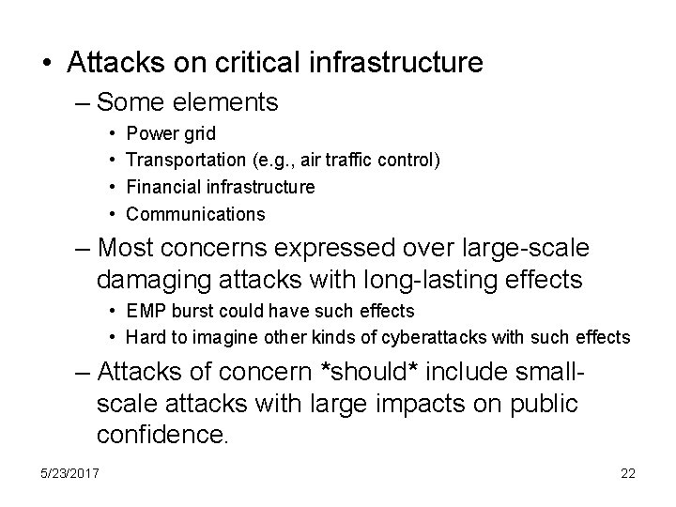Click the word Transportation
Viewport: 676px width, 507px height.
pyautogui.click(x=188, y=161)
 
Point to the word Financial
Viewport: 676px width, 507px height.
pyautogui.click(x=161, y=187)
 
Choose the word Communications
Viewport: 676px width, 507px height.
pyautogui.click(x=195, y=214)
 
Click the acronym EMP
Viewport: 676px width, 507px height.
pyautogui.click(x=144, y=311)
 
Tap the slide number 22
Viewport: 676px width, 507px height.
pyautogui.click(x=627, y=473)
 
